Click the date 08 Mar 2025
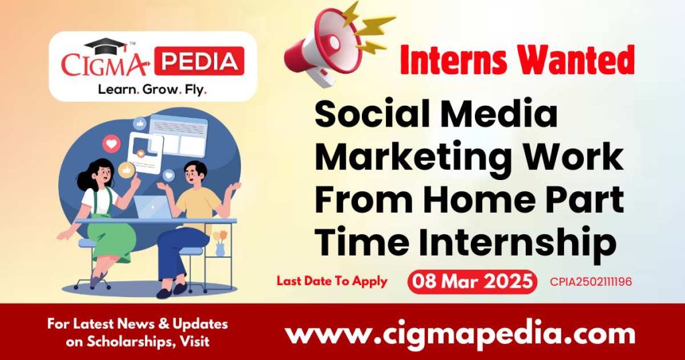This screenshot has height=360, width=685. click(472, 281)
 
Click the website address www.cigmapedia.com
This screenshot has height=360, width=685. click(460, 333)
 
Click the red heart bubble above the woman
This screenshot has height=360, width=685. click(112, 143)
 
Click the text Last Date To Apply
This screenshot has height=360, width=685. click(332, 281)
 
